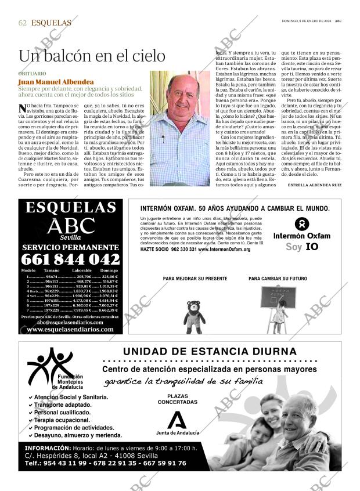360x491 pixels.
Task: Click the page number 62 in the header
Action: [23, 23]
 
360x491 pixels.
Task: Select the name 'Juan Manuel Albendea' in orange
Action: [56, 82]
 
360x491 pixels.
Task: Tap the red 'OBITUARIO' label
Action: [32, 74]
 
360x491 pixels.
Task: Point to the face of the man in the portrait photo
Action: [180, 96]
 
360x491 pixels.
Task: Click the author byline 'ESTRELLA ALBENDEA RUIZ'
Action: [314, 185]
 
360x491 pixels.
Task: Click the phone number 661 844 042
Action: [70, 259]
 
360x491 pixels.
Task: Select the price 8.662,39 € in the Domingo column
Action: [109, 311]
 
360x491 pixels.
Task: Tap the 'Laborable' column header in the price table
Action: [81, 271]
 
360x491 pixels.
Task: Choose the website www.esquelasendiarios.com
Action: [70, 329]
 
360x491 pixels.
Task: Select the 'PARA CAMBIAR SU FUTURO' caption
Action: [278, 279]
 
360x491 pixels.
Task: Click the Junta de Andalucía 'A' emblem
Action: [177, 420]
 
